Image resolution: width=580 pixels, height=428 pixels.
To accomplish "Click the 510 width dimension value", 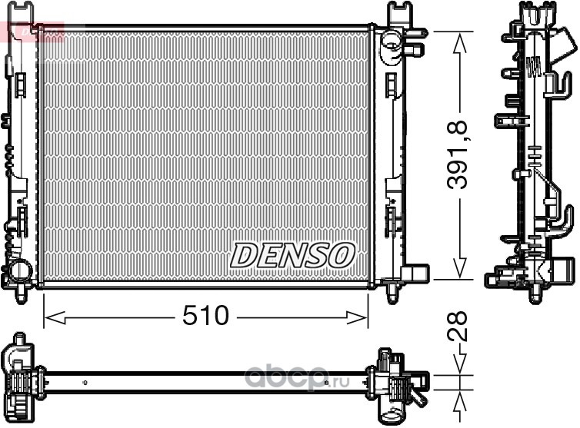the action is tap(206, 316).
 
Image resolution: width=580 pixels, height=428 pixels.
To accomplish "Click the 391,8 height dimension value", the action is tap(457, 155).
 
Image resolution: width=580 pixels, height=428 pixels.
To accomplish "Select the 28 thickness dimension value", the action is tap(458, 327).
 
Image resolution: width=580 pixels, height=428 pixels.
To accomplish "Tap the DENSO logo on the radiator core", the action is tap(292, 255).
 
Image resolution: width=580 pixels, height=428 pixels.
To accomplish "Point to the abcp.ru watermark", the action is tap(297, 378).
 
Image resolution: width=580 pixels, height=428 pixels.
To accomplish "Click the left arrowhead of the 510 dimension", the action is tap(55, 317).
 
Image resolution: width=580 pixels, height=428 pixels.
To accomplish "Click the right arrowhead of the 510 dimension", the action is tap(358, 317).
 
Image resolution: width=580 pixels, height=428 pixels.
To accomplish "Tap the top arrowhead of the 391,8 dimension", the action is tap(460, 43).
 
